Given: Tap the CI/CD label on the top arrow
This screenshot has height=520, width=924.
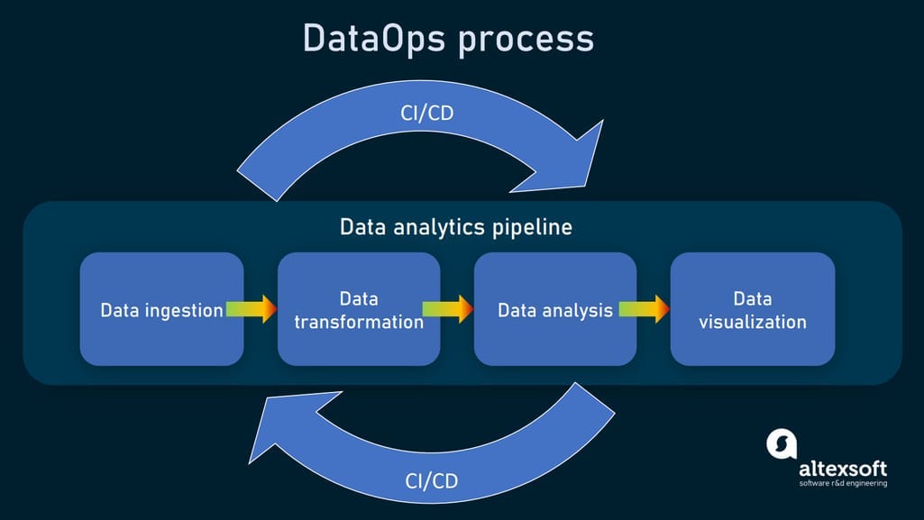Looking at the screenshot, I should (x=426, y=115).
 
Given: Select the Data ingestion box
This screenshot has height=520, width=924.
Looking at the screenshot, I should (x=161, y=309).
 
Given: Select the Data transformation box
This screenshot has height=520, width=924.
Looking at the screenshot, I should (x=359, y=309).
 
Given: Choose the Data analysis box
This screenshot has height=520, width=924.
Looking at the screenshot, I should (x=555, y=309).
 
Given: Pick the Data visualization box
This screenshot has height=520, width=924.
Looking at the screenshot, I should (x=752, y=309).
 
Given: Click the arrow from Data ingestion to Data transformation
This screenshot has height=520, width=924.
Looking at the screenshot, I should (x=252, y=309).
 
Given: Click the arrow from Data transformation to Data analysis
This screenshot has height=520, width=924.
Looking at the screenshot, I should (x=448, y=309).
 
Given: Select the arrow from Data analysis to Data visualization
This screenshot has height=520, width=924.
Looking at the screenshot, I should (x=644, y=309).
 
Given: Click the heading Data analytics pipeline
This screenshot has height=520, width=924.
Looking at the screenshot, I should (x=455, y=226).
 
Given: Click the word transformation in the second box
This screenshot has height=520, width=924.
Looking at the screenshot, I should (x=359, y=322).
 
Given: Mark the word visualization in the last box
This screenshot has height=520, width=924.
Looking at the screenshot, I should (x=752, y=322).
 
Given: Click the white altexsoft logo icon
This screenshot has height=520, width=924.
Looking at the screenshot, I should (x=782, y=442).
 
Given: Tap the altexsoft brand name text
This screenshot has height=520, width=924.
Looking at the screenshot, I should (x=842, y=469).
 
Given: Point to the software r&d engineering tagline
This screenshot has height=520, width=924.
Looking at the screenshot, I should (x=842, y=484).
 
